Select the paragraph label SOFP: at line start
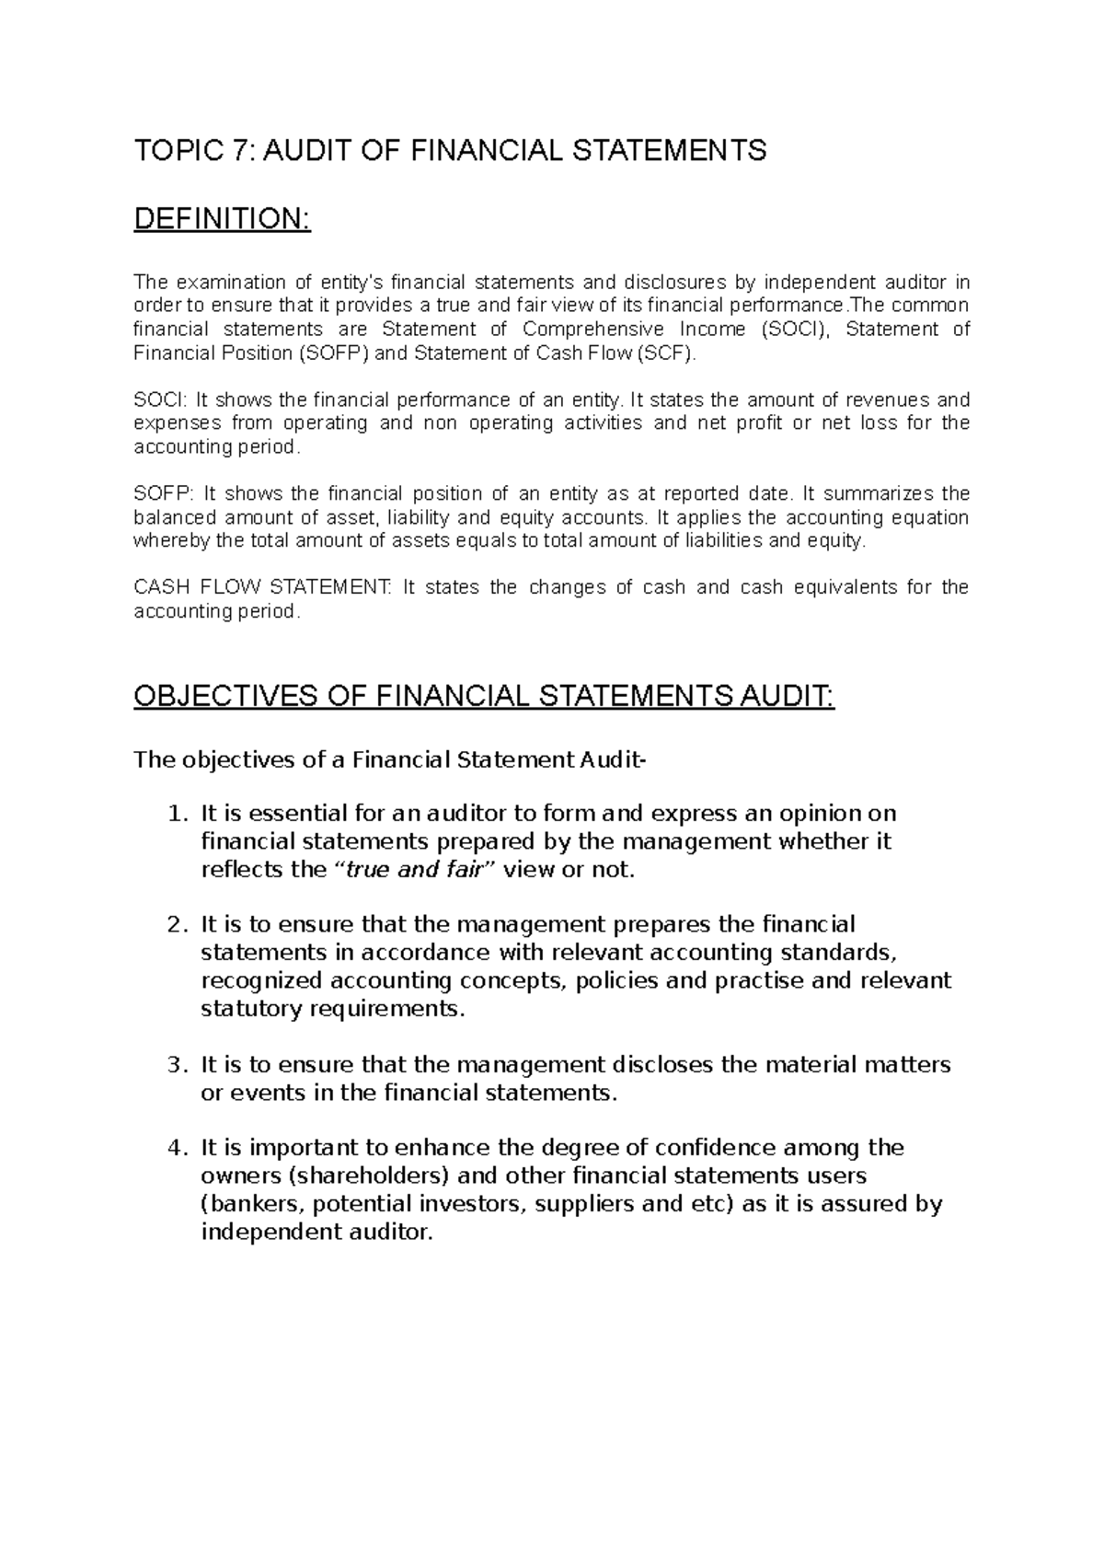pyautogui.click(x=162, y=493)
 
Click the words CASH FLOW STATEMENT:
pyautogui.click(x=262, y=587)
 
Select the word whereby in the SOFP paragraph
pyautogui.click(x=172, y=541)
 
